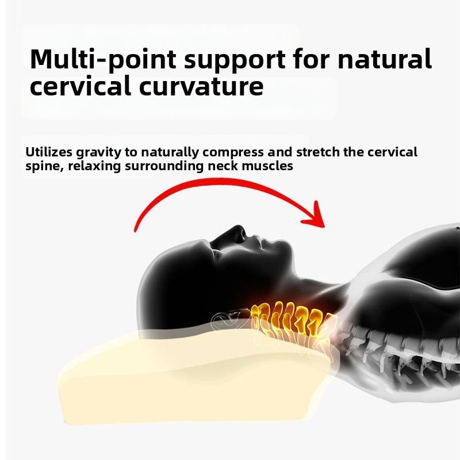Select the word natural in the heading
(x=385, y=59)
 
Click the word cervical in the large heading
(x=80, y=85)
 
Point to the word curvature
(x=201, y=86)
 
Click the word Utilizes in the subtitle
(x=49, y=152)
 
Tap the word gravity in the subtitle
(x=98, y=152)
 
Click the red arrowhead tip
(x=324, y=227)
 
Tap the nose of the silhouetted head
(x=240, y=231)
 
